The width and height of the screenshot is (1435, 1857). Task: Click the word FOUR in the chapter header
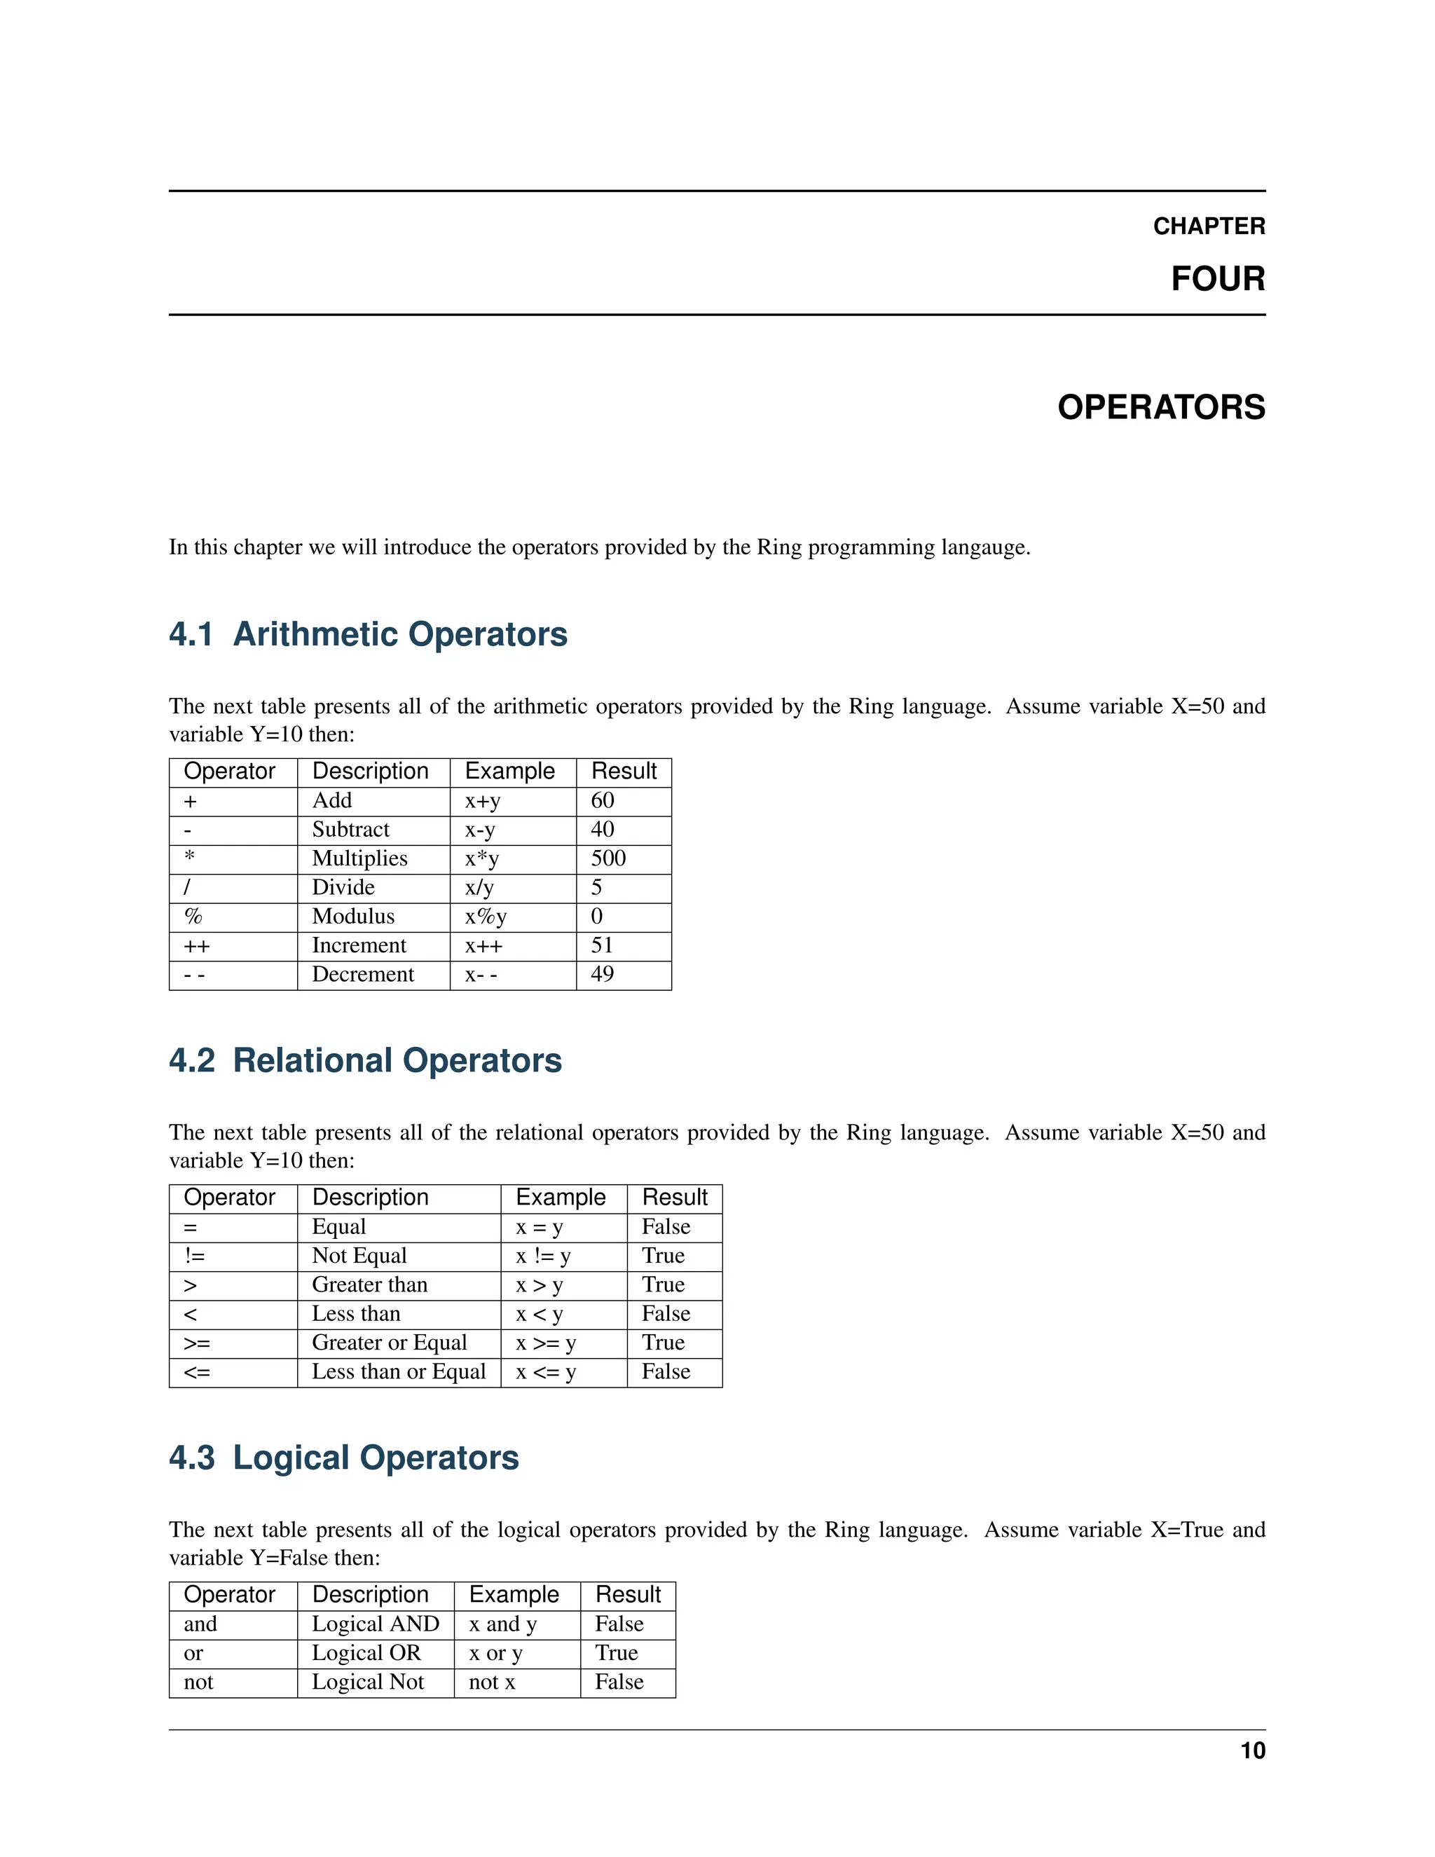[x=1217, y=279]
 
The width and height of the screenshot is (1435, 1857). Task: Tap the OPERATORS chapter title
[x=1160, y=407]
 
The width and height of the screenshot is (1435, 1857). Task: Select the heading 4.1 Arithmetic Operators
[x=367, y=634]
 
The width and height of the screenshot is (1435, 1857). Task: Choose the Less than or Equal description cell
[x=399, y=1371]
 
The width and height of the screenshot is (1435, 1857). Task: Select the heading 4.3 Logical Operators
[x=343, y=1458]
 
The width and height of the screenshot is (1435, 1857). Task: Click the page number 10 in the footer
[x=1252, y=1750]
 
